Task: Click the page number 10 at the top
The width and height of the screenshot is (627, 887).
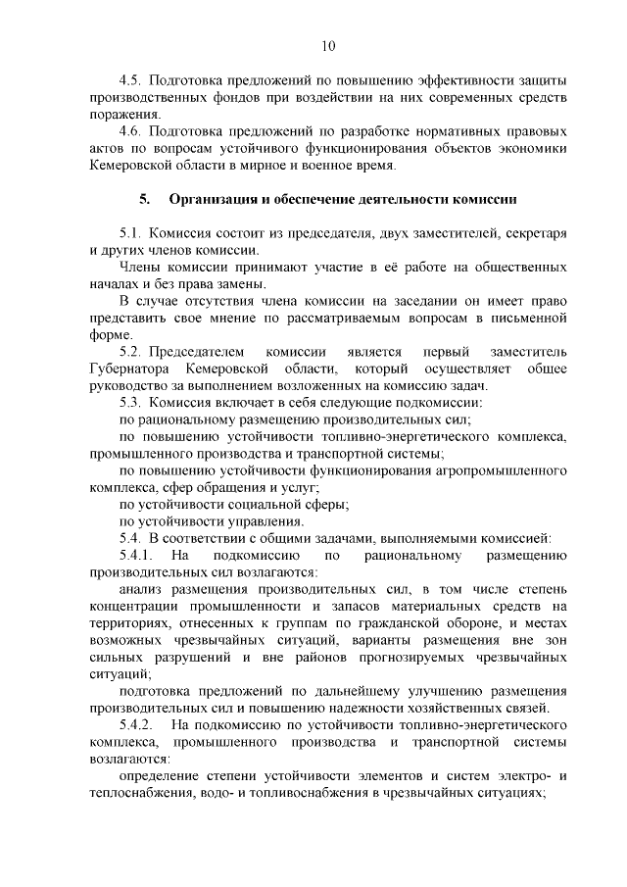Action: pyautogui.click(x=327, y=45)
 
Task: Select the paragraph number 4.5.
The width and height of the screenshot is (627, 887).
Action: pyautogui.click(x=130, y=79)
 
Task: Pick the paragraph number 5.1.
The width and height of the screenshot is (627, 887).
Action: pyautogui.click(x=130, y=233)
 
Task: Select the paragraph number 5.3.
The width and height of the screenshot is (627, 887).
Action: pyautogui.click(x=130, y=403)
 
